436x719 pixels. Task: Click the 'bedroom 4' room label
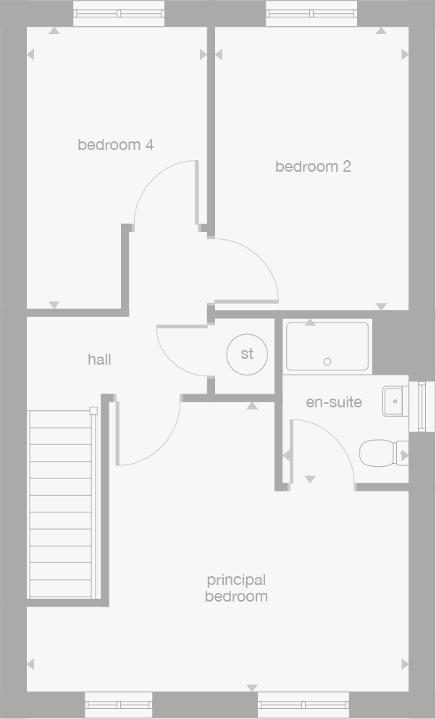(116, 145)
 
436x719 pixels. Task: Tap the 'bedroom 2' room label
(313, 167)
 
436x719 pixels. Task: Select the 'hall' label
(99, 359)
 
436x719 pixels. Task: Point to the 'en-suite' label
(334, 402)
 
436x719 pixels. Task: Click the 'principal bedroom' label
(236, 589)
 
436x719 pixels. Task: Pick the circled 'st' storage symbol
(247, 354)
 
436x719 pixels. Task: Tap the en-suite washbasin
(393, 401)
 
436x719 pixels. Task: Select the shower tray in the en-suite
(327, 346)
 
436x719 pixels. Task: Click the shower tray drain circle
(327, 362)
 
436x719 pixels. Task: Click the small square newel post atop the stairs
(93, 411)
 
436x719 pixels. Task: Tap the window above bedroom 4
(119, 14)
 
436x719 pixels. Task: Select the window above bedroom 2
(311, 14)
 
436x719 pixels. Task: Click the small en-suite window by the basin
(422, 407)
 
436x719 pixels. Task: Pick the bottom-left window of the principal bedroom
(119, 705)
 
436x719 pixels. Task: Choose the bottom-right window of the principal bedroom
(303, 705)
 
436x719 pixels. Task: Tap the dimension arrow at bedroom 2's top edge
(382, 30)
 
